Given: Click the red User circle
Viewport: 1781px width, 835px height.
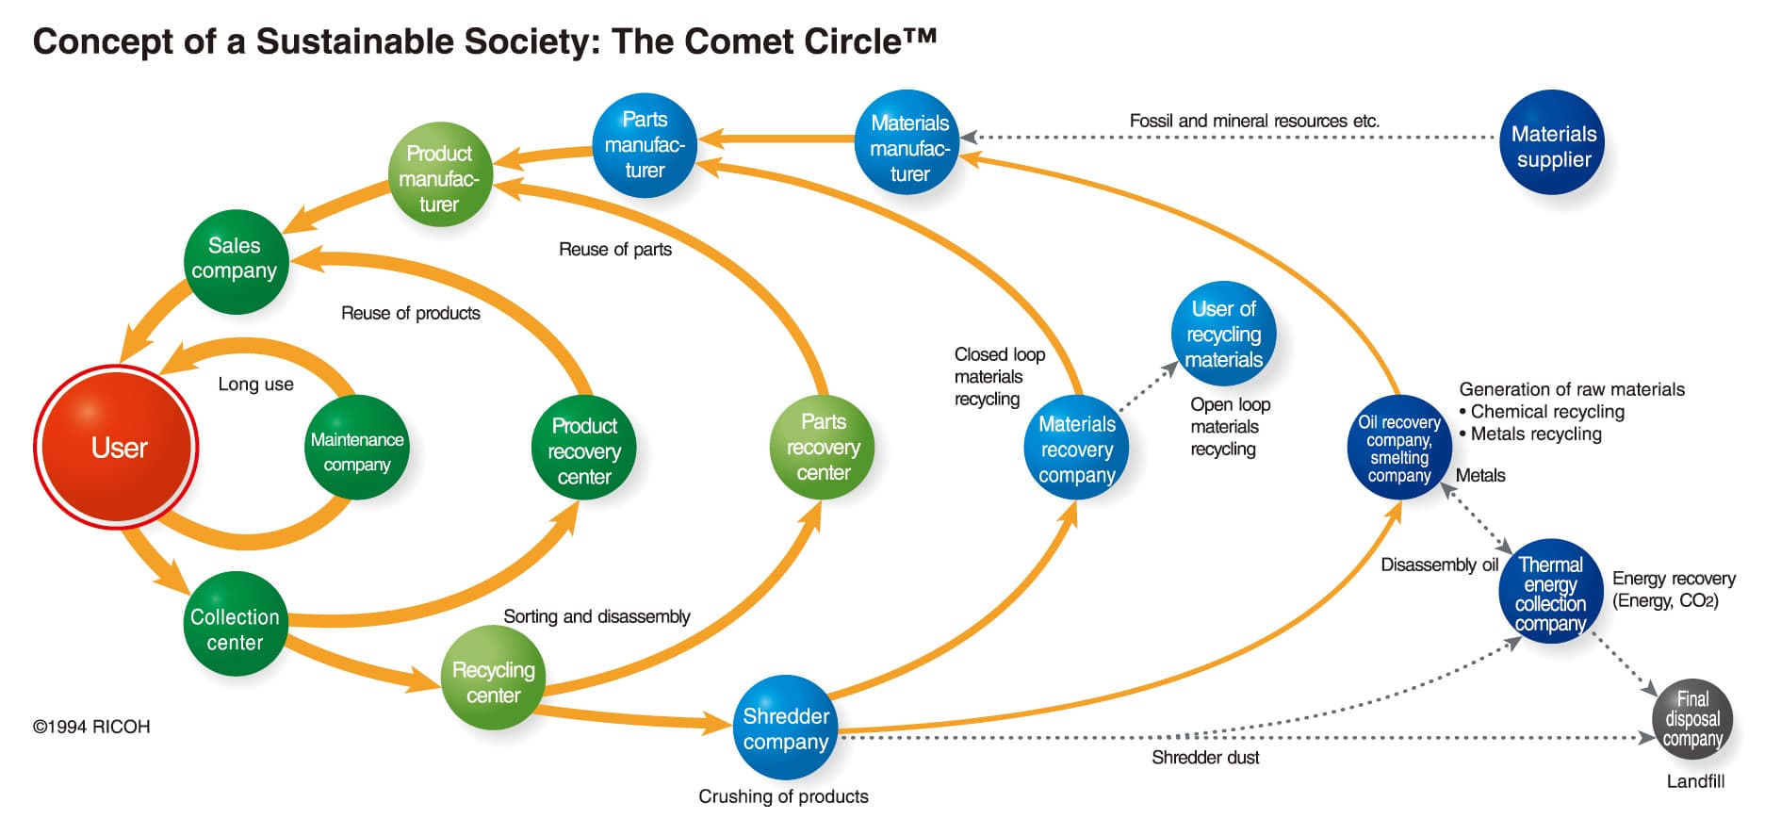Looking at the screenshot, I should coord(117,447).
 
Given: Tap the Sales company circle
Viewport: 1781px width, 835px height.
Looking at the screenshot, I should coord(235,261).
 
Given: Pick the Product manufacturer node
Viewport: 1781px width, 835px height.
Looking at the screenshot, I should coord(440,175).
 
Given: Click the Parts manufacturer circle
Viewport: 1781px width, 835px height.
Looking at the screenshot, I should coord(645,145).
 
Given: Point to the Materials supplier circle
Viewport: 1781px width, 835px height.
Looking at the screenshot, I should coord(1552,143).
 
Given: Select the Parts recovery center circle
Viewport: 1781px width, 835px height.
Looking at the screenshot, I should coord(823,447).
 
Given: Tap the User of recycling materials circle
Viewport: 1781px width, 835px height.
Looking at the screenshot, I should coord(1223,333).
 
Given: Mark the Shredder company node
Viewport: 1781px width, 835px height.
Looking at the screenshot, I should coord(785,728).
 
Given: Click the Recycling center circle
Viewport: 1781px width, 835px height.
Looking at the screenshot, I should coord(493,679).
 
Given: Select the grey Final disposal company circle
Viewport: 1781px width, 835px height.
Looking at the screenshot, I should coord(1692,718).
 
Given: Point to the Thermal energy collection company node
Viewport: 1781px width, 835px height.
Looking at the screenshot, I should coord(1550,592).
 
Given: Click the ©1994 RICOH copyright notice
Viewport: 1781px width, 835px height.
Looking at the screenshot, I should coord(91,727).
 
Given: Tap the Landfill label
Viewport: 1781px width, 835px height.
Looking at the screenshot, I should coord(1694,781).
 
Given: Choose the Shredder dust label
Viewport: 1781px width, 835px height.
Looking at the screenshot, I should coord(1205,757).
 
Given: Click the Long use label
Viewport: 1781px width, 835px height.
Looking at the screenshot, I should coord(255,384).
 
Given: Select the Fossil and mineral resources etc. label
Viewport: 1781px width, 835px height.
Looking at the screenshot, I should coord(1253,121).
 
